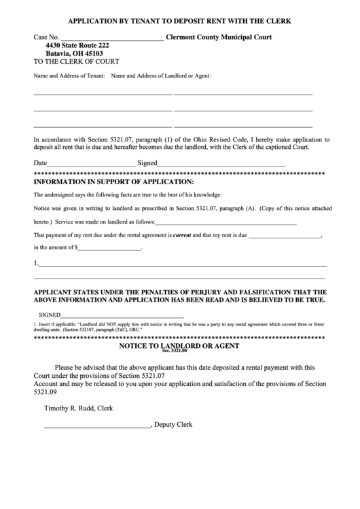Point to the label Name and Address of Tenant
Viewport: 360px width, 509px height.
(69, 75)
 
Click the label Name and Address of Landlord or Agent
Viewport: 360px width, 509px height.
(161, 75)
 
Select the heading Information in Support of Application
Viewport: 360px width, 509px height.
(113, 182)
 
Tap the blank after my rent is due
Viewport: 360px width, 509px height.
(285, 236)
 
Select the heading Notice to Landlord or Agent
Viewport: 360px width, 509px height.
(179, 346)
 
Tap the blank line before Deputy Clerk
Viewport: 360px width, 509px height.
(98, 426)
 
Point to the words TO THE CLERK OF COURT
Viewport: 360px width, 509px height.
(67, 61)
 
